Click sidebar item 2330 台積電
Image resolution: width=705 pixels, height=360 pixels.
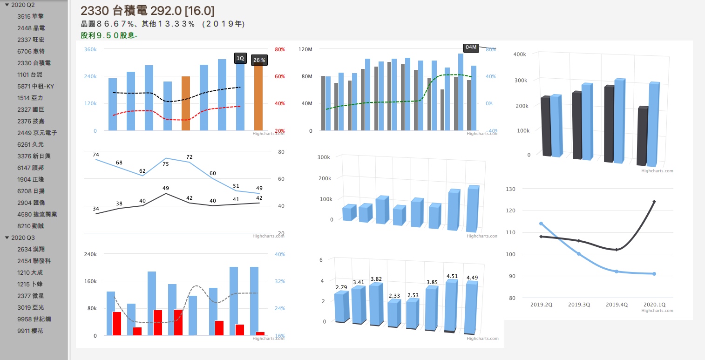click(34, 63)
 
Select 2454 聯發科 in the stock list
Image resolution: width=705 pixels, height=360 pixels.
click(34, 261)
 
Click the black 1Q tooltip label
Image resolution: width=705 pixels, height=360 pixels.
click(240, 58)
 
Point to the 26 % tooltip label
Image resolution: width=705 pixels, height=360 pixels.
click(259, 60)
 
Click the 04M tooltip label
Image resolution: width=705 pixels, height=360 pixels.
click(471, 48)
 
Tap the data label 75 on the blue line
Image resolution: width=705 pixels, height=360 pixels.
click(166, 164)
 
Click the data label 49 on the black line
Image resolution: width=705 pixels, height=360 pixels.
click(166, 188)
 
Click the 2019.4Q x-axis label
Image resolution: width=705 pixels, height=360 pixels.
click(617, 305)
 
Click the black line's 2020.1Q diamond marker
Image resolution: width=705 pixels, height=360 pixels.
click(654, 202)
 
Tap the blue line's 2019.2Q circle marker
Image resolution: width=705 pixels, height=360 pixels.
click(541, 224)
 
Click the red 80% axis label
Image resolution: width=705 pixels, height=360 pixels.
click(280, 49)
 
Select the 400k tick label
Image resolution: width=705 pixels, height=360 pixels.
click(519, 54)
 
